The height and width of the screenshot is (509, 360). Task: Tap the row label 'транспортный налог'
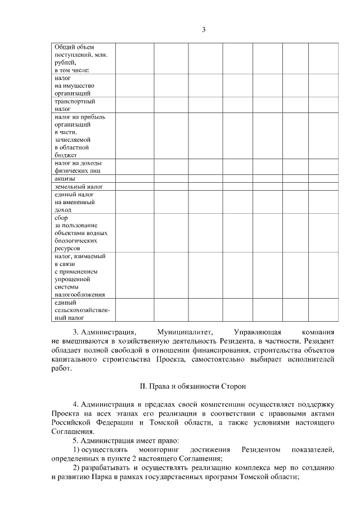point(74,105)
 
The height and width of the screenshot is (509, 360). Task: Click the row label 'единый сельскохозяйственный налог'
point(82,310)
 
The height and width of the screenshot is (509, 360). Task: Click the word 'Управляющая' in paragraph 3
point(256,332)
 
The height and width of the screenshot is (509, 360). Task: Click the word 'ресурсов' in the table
point(67,247)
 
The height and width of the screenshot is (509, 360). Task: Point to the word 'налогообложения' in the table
point(80,294)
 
